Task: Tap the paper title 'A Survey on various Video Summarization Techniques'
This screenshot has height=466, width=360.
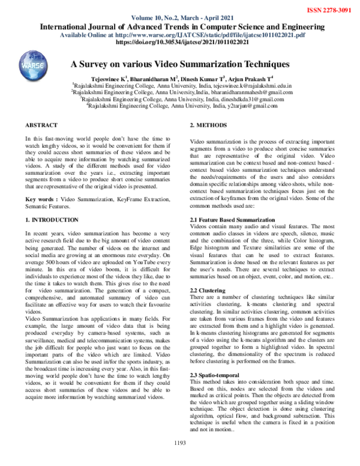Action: click(x=180, y=64)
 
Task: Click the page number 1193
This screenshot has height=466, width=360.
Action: click(x=180, y=459)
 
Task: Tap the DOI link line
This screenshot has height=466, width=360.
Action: click(x=179, y=43)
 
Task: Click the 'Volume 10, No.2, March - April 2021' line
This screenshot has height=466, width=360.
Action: click(x=180, y=18)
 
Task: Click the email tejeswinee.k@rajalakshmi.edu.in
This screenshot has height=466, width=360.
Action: click(x=251, y=86)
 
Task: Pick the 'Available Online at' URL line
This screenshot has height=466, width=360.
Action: click(x=179, y=35)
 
